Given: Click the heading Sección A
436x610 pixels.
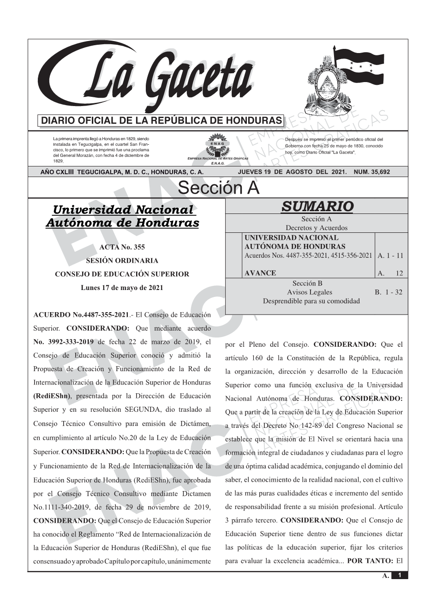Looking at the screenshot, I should [218, 188].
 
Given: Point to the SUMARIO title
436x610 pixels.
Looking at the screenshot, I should [317, 207].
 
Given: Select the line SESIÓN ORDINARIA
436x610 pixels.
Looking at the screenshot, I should [122, 261].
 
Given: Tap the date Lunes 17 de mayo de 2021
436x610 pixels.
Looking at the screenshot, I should [122, 288].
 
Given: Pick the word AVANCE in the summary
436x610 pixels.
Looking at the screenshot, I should [260, 273].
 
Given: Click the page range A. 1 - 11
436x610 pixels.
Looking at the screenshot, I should [390, 255].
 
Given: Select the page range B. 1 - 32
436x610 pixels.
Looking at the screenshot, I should [388, 292].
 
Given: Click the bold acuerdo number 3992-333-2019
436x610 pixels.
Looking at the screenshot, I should [64, 342].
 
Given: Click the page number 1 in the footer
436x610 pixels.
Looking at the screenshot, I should [400, 575].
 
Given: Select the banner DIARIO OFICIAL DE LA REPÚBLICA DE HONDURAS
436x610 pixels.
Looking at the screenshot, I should [161, 121].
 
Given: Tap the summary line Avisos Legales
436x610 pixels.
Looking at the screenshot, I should [310, 292].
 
